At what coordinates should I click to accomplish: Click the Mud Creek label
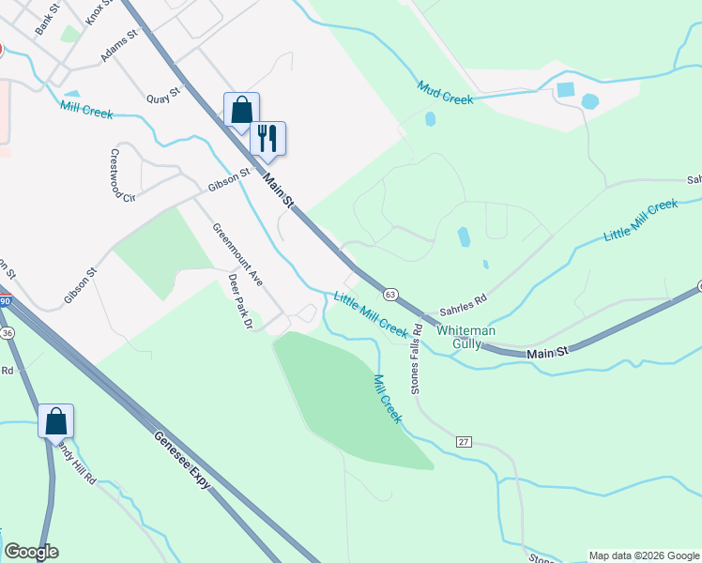446,92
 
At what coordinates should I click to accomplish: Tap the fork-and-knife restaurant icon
268,138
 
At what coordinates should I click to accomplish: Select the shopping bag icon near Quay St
241,109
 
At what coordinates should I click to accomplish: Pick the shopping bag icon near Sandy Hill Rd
55,419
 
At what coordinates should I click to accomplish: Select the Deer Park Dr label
241,300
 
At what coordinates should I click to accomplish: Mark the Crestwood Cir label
123,175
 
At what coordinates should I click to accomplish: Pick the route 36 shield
8,333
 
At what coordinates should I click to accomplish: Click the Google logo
31,552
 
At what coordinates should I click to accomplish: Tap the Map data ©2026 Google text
644,555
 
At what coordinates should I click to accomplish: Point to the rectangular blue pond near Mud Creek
565,90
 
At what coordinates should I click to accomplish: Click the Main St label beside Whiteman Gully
548,354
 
